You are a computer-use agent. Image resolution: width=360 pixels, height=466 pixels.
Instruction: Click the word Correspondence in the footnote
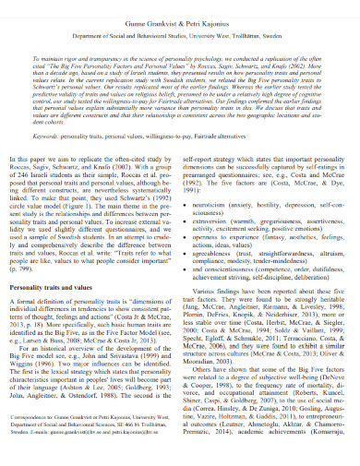click(x=47, y=442)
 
